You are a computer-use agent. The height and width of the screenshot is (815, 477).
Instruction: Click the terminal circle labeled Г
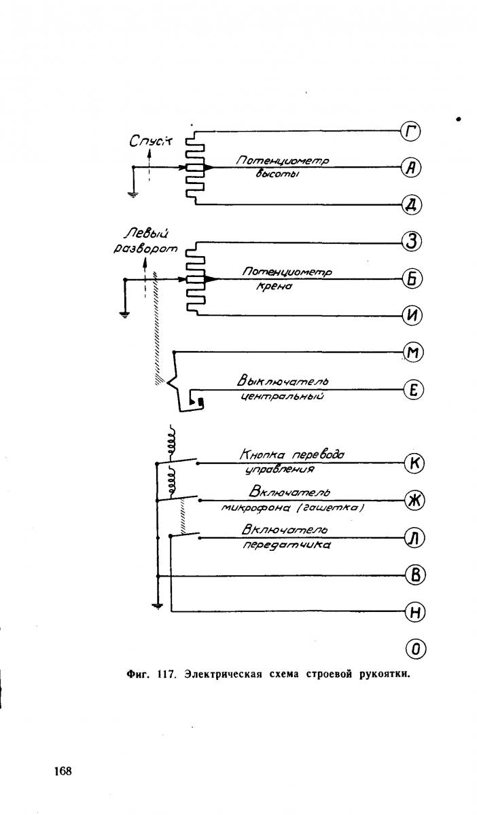point(410,131)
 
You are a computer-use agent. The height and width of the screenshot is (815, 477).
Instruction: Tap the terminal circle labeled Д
point(412,205)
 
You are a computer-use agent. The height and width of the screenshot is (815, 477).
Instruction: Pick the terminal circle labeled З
point(412,242)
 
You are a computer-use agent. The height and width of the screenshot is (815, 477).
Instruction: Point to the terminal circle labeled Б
point(412,279)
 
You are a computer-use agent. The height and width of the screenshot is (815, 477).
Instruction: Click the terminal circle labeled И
point(412,315)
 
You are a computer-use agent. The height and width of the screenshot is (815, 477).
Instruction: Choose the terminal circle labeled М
point(413,352)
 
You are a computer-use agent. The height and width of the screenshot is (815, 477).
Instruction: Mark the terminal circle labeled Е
point(414,390)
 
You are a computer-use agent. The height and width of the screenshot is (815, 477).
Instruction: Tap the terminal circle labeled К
point(414,463)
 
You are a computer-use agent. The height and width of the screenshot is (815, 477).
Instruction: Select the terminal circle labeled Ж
point(415,501)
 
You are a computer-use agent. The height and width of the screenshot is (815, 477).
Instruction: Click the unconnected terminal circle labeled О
point(416,649)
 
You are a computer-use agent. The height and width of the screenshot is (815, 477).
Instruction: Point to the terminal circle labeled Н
point(415,612)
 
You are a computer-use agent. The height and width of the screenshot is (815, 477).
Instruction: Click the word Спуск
point(151,141)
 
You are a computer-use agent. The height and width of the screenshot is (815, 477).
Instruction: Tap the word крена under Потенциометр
point(275,287)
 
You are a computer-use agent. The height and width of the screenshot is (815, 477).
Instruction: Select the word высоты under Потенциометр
point(277,174)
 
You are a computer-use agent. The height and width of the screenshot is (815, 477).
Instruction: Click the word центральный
point(283,396)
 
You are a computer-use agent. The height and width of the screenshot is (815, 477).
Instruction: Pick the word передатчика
point(287,545)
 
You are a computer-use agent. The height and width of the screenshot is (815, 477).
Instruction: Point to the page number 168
point(63,770)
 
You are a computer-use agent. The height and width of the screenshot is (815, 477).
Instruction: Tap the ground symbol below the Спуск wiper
point(133,195)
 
